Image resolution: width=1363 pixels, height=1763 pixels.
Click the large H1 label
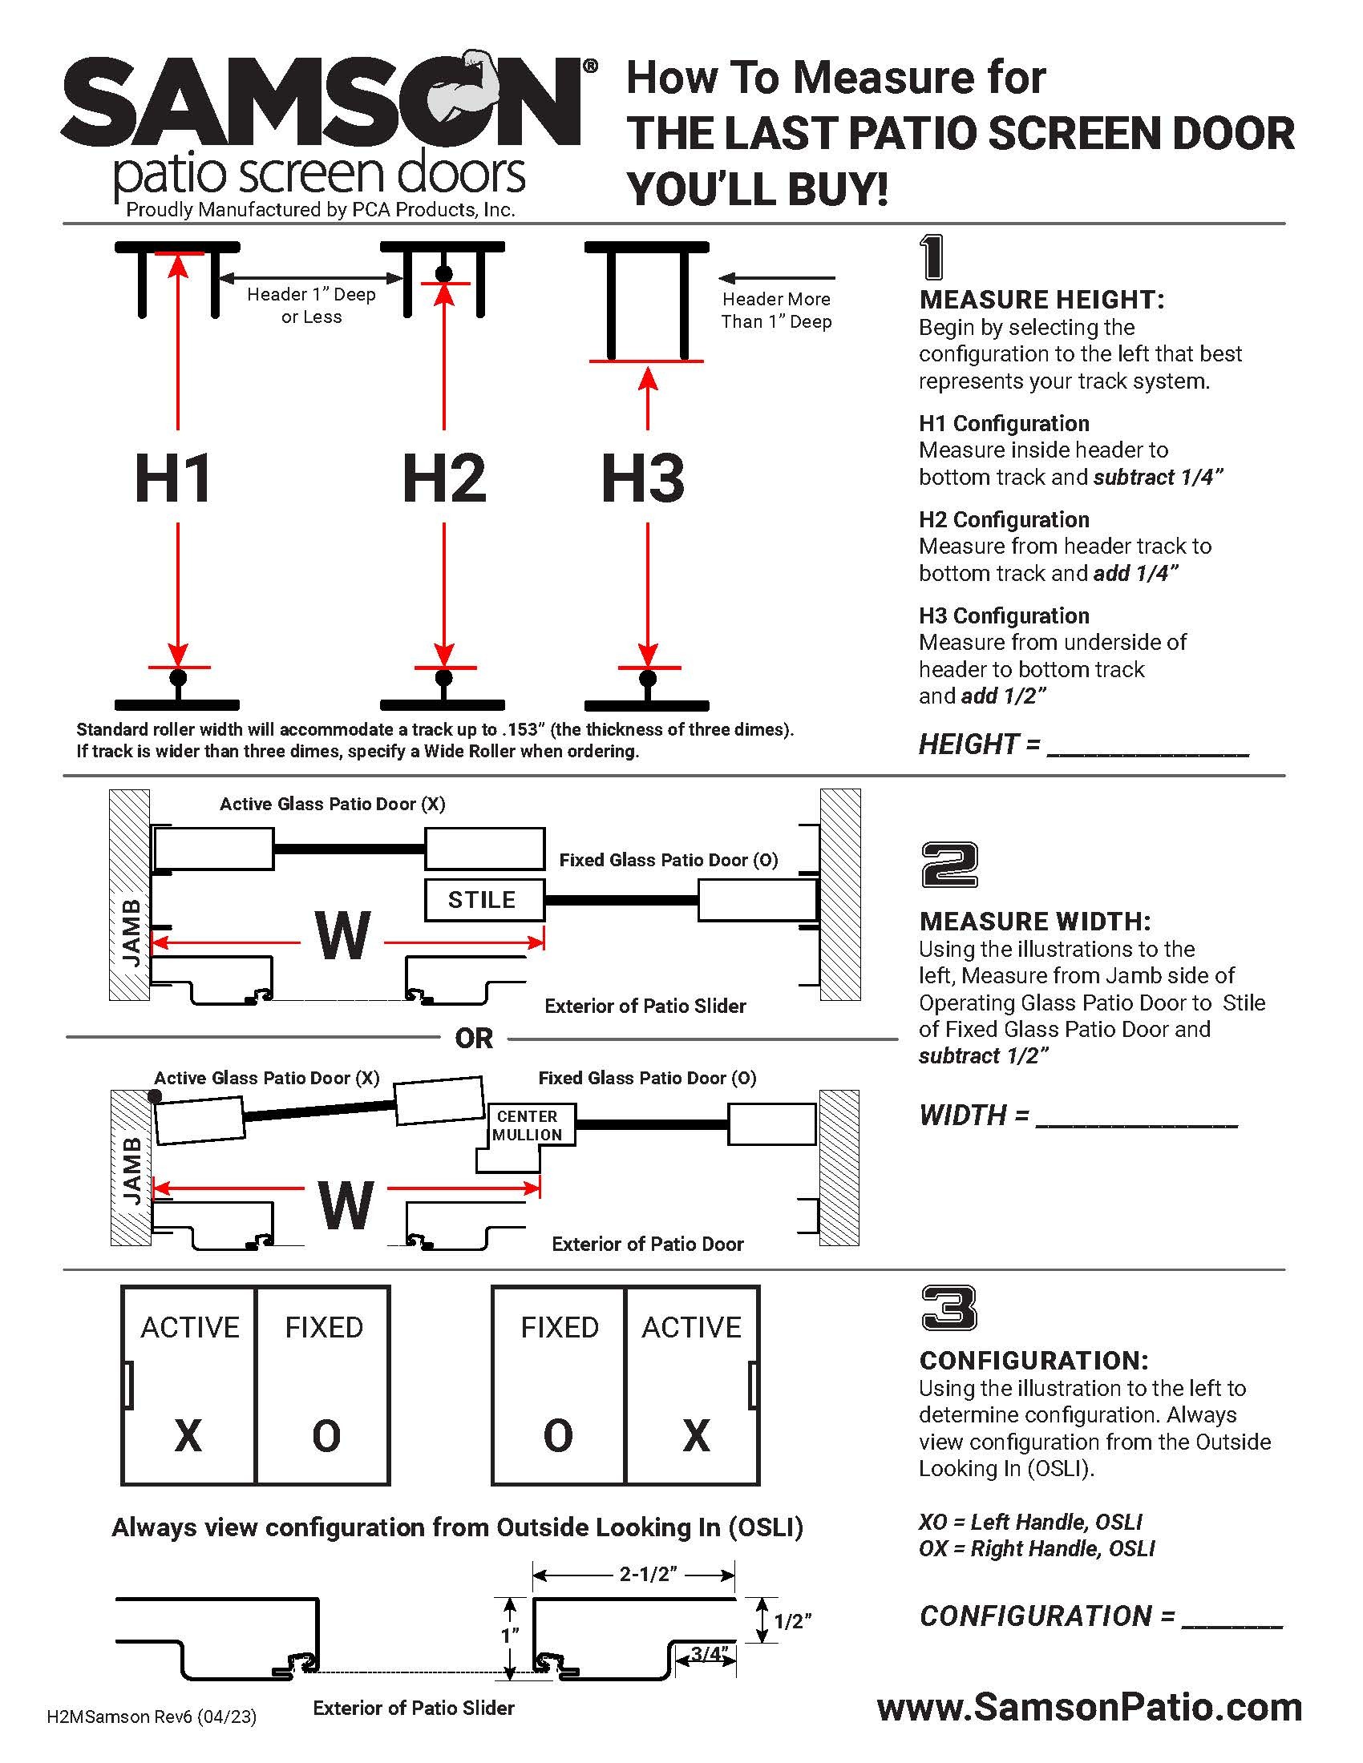(x=173, y=478)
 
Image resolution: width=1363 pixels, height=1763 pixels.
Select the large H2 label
(x=443, y=478)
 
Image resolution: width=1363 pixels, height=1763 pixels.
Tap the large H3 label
(x=643, y=478)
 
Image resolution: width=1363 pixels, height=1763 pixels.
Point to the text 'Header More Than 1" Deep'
(x=776, y=310)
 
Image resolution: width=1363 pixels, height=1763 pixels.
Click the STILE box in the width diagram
(x=483, y=899)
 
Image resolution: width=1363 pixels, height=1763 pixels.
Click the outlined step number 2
(x=948, y=865)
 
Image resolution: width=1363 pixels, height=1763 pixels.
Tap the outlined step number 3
(x=948, y=1308)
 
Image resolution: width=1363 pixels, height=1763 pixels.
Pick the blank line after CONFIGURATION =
(x=1232, y=1624)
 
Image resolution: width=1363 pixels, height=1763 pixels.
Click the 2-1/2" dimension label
(x=648, y=1573)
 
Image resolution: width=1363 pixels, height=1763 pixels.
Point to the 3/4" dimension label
(x=709, y=1653)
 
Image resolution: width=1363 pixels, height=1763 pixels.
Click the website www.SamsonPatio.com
(x=1090, y=1706)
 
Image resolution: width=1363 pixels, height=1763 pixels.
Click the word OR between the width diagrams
(x=474, y=1038)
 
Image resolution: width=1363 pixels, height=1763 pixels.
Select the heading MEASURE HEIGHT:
(x=1041, y=300)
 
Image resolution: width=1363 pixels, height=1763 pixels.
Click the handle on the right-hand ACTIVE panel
(x=752, y=1385)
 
